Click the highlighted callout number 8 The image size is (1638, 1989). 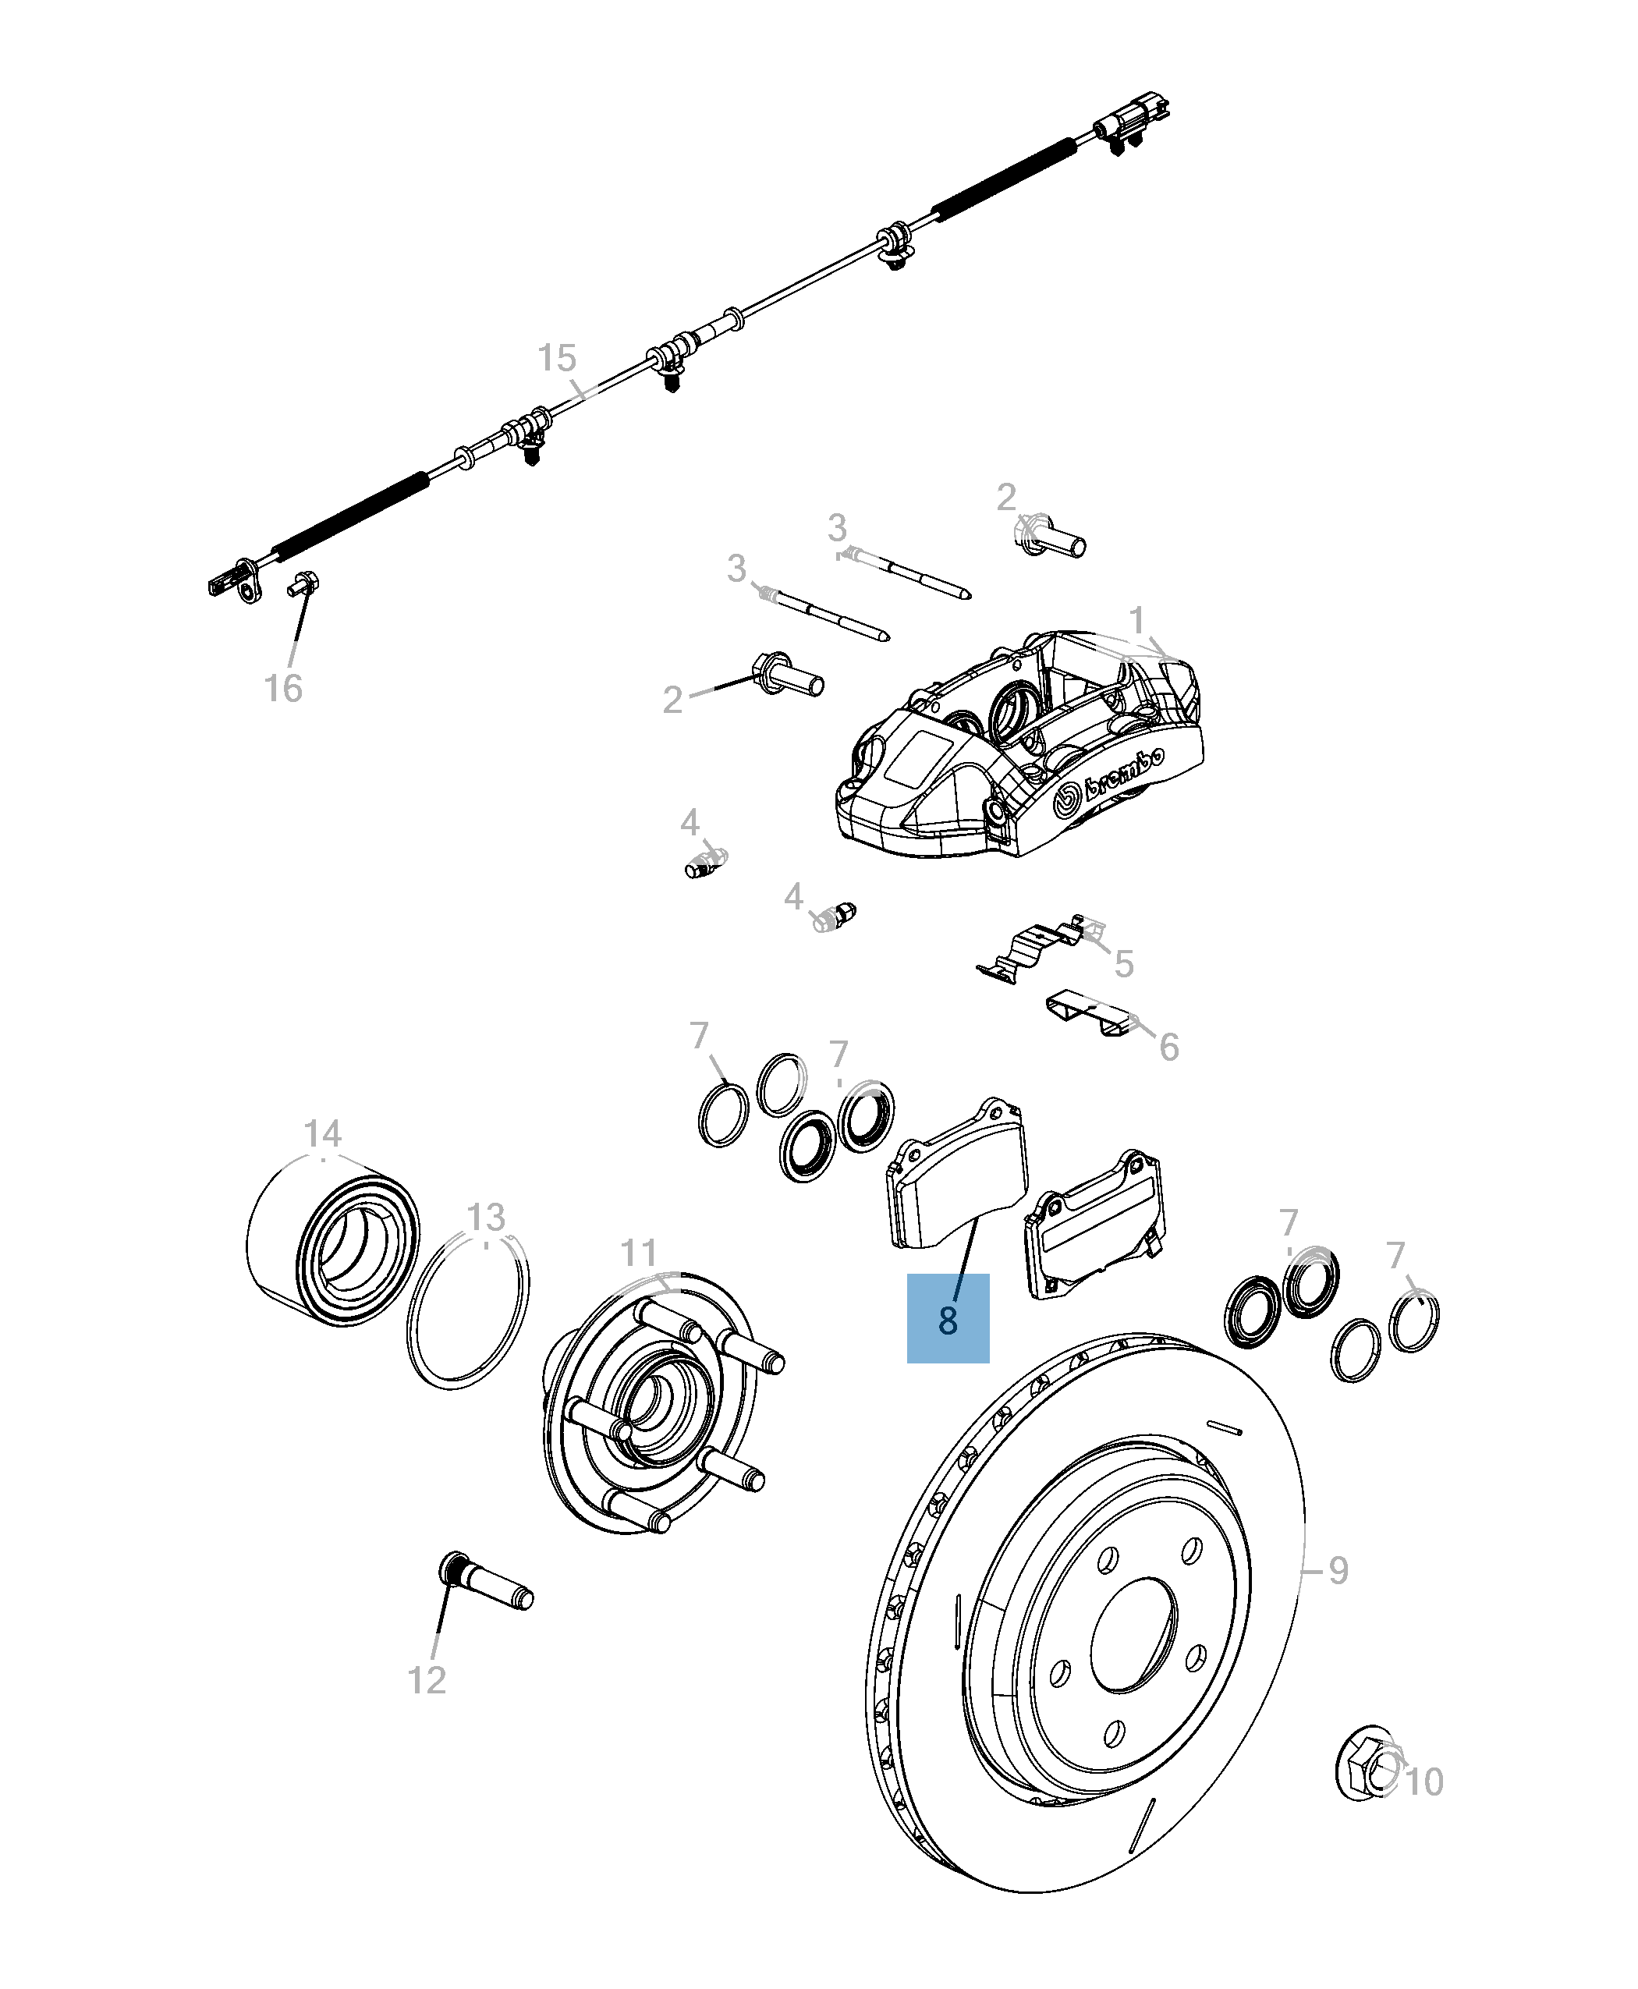[948, 1320]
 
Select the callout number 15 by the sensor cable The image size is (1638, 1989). [557, 359]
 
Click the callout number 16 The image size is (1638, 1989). [283, 689]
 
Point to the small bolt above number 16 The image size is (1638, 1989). [303, 584]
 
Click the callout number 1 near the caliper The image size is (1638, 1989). [1137, 621]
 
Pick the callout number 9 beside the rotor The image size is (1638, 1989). [1338, 1570]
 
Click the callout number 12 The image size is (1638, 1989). [427, 1680]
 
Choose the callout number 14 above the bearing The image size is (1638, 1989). [323, 1133]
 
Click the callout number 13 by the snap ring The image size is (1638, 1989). [486, 1217]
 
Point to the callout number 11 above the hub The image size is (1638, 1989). [639, 1253]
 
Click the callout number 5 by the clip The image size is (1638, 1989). [1123, 963]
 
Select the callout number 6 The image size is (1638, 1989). [1168, 1047]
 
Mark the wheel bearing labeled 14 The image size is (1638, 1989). [333, 1241]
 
